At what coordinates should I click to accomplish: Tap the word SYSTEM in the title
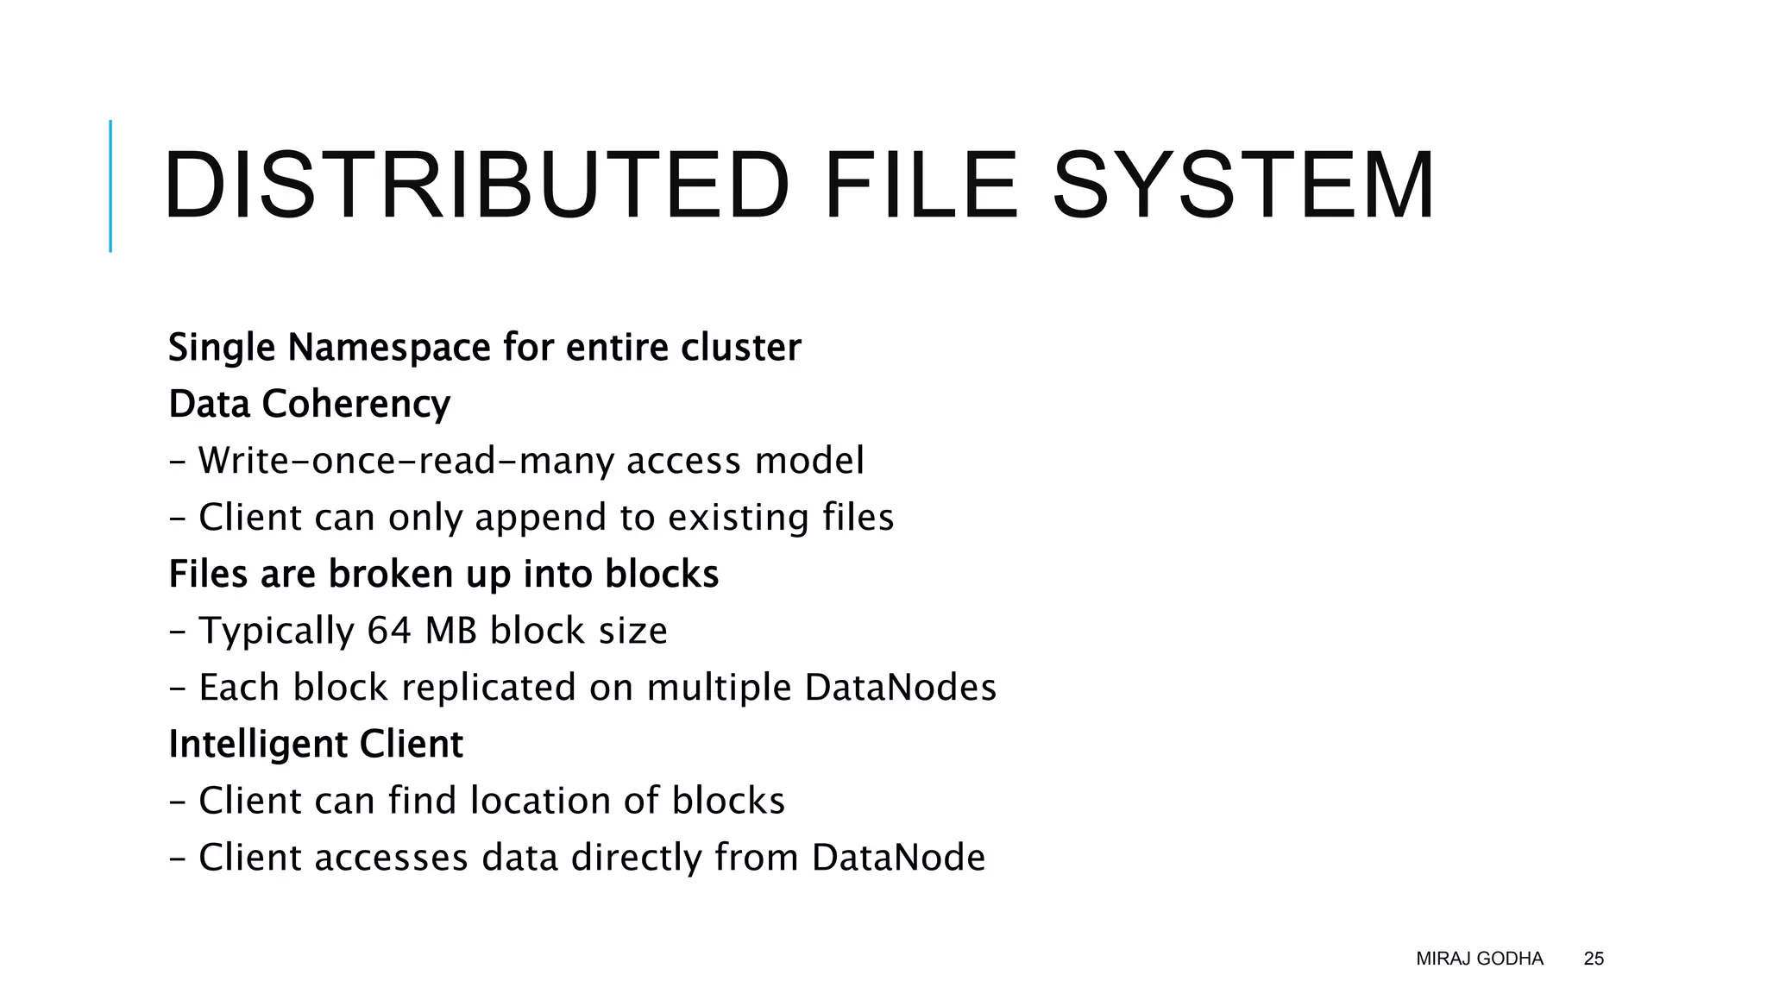point(1243,186)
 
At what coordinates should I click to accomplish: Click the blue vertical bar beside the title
point(110,186)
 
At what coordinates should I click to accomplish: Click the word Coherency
point(356,405)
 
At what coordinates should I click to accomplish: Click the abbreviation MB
point(451,631)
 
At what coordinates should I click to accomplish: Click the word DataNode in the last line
point(898,858)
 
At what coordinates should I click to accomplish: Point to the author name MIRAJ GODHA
point(1479,959)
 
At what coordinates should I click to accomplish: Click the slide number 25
point(1594,959)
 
